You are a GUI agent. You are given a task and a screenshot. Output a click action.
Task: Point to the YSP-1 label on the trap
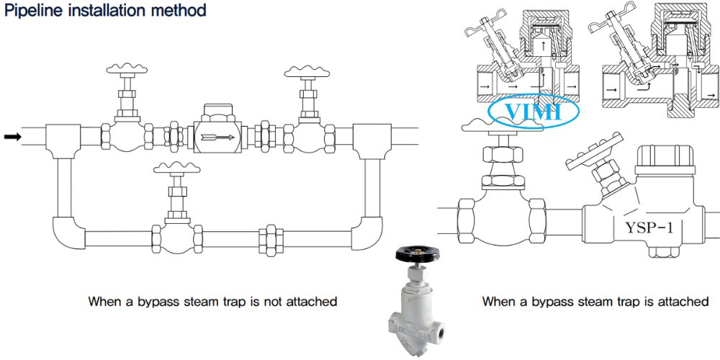pyautogui.click(x=649, y=228)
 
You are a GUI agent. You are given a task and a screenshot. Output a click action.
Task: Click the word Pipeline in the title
pyautogui.click(x=30, y=11)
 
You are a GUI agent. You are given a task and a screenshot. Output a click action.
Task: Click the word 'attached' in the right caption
pyautogui.click(x=680, y=302)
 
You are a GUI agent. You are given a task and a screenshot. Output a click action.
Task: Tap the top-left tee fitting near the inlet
pyautogui.click(x=63, y=137)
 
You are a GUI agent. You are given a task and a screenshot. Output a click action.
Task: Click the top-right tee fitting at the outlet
pyautogui.click(x=372, y=137)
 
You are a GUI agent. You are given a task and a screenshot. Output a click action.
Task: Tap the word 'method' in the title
pyautogui.click(x=176, y=11)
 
